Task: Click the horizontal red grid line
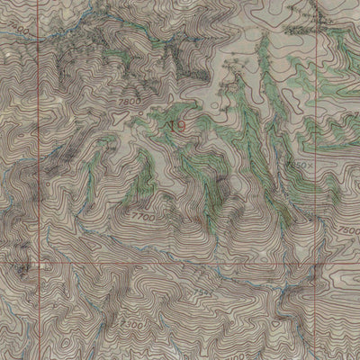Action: [x=180, y=265]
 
